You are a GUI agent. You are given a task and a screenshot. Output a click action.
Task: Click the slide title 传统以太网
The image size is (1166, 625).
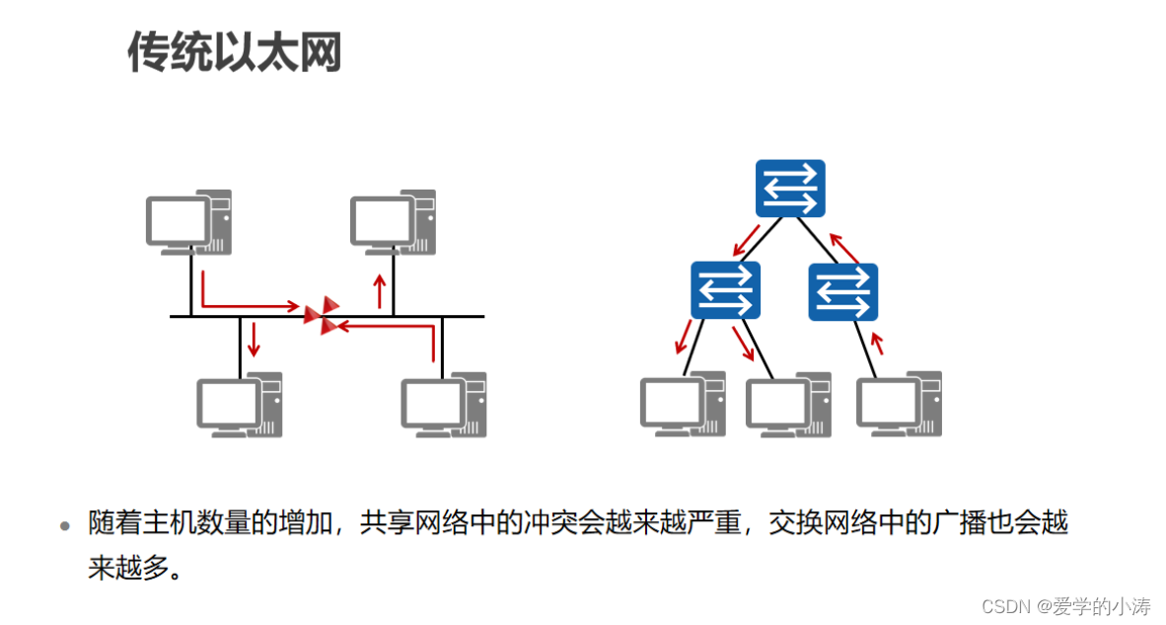coord(235,51)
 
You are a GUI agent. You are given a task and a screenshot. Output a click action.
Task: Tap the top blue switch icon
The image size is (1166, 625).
coord(789,189)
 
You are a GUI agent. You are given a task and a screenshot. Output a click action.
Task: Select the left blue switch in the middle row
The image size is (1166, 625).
coord(725,290)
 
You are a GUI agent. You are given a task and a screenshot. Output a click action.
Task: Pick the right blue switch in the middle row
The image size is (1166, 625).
coord(843,291)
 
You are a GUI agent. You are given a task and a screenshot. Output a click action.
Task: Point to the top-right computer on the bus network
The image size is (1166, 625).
coord(393,220)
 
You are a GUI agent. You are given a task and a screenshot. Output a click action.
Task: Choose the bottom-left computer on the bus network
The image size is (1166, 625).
coord(240,404)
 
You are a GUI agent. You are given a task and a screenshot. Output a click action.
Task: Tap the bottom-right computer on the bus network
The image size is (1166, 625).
coord(444,404)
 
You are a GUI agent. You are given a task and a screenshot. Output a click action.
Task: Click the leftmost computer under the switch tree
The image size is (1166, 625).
coord(683,404)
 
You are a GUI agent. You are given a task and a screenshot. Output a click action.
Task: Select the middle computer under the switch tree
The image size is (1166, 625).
coord(788,404)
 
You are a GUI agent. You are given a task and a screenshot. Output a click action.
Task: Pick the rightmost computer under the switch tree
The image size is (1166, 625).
coord(899,404)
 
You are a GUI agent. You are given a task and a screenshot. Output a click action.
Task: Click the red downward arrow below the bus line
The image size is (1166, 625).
coord(254,339)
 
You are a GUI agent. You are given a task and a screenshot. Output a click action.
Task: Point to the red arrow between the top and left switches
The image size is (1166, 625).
coord(745,239)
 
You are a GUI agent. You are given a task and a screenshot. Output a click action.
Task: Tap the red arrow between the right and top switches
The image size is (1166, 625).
coord(843,247)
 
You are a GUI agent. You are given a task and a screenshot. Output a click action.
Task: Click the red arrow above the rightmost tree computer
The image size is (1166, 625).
coord(877,344)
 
